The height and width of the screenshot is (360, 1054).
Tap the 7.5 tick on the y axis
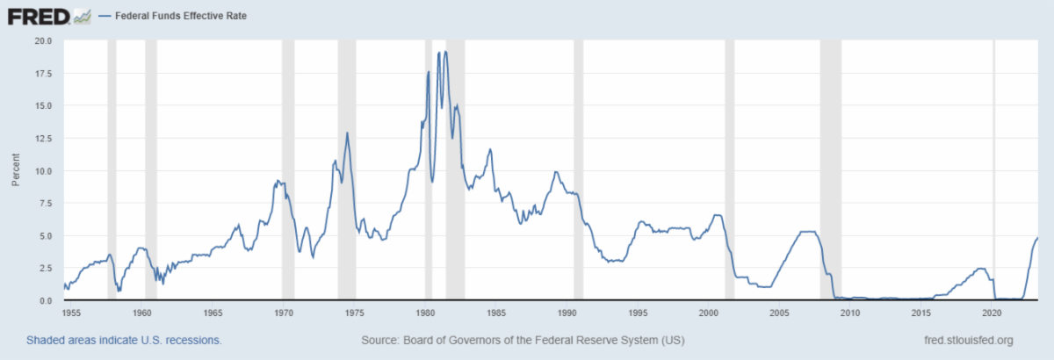tap(44, 203)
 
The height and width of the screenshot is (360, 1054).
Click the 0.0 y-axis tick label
tap(44, 300)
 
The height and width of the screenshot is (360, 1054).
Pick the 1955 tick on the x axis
tap(71, 312)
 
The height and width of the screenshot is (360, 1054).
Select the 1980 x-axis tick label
tap(425, 312)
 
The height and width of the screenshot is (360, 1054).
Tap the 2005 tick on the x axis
tap(779, 312)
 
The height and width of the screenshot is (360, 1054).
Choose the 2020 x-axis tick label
tap(992, 312)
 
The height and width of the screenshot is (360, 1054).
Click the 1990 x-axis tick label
tap(567, 312)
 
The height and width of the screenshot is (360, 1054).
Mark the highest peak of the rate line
tap(445, 51)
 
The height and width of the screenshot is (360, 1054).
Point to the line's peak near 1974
tap(347, 133)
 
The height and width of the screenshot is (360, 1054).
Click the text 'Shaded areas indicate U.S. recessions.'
tap(124, 340)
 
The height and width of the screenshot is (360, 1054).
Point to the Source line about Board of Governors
tap(523, 340)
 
